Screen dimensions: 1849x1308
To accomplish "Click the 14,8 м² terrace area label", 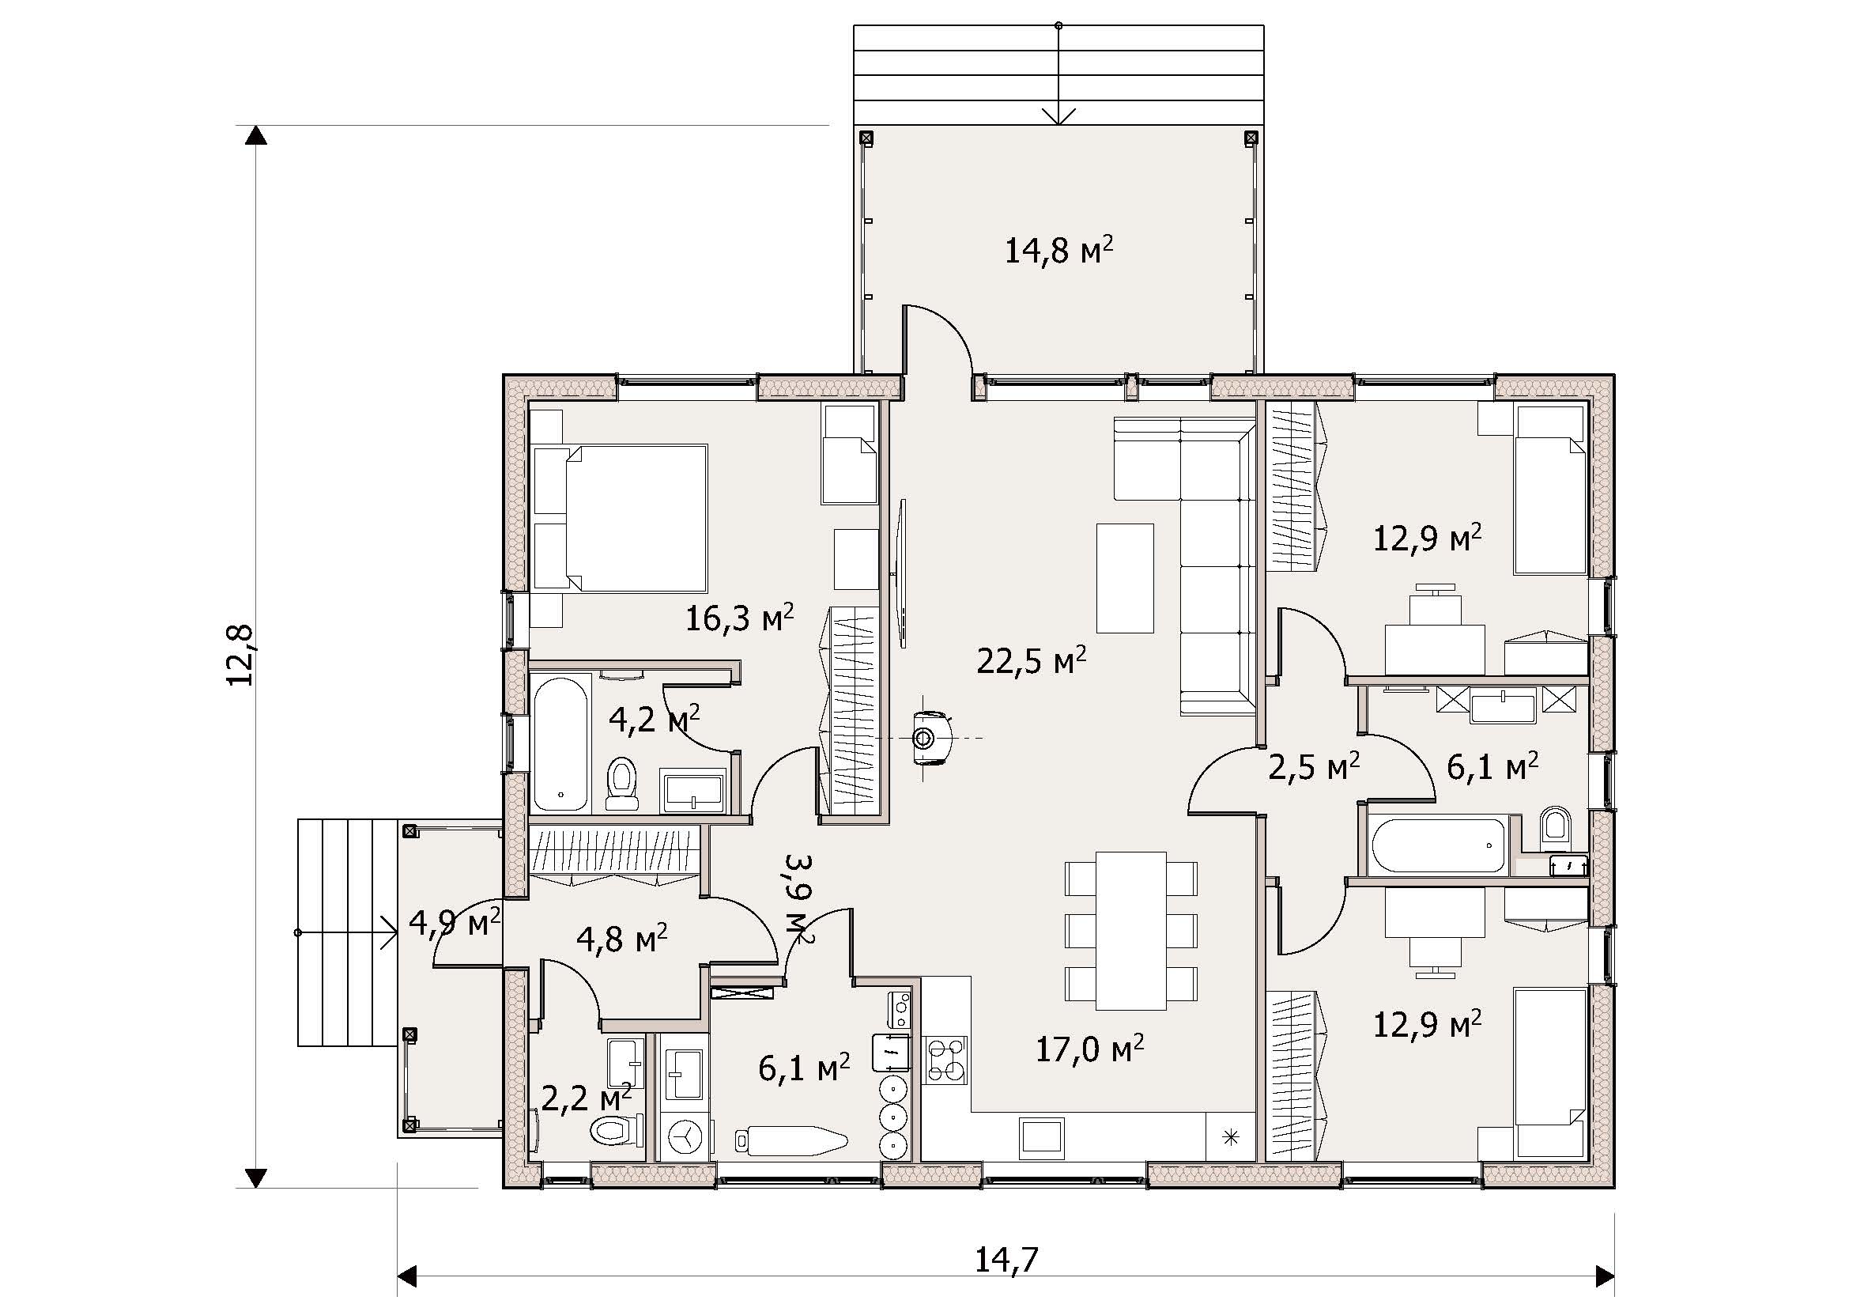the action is click(x=1059, y=250).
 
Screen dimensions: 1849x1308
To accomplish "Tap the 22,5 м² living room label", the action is click(x=1032, y=660).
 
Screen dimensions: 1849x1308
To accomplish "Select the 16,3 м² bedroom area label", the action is click(x=739, y=618).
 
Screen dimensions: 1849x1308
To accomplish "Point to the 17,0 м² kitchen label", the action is click(x=1089, y=1049).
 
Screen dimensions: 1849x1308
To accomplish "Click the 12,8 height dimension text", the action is click(x=240, y=655).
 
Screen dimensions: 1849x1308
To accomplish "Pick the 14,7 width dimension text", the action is click(x=1006, y=1260).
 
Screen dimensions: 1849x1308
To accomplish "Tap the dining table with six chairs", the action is click(x=1130, y=930).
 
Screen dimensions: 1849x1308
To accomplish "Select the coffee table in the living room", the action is click(x=1125, y=578).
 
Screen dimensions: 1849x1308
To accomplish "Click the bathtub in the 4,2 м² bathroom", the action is click(x=562, y=743).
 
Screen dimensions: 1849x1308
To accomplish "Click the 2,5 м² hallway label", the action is click(x=1314, y=767).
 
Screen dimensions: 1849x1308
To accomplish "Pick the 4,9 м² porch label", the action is click(x=455, y=922).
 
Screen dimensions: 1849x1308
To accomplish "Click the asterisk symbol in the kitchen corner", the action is click(x=1230, y=1137).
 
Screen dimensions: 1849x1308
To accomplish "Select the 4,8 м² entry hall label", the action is click(x=621, y=939).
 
